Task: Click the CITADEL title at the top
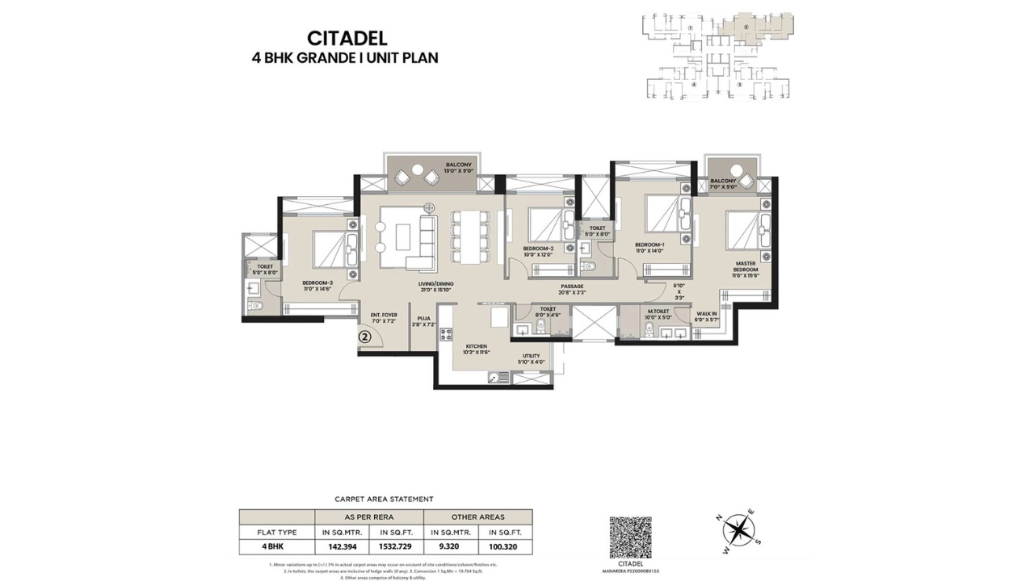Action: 347,38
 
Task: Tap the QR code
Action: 630,537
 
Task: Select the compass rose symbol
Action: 738,529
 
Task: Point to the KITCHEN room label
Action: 477,345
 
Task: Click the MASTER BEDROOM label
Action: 746,266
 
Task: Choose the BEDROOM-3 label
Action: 317,282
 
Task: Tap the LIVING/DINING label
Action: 436,284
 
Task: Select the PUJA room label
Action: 423,318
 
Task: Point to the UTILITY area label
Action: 531,356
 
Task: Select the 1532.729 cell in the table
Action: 395,546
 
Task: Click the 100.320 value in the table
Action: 505,546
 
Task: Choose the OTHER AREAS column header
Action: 477,516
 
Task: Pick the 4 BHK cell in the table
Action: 276,546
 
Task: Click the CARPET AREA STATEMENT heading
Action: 385,499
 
